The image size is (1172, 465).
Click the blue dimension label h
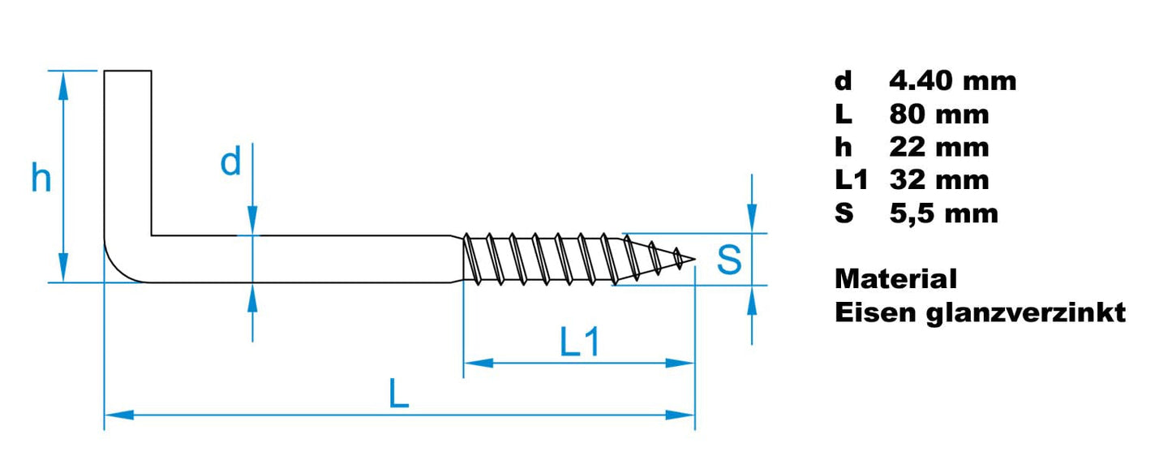tap(41, 178)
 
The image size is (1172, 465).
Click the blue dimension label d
tap(231, 163)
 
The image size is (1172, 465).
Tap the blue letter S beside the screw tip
tap(729, 260)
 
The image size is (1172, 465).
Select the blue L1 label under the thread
tap(580, 344)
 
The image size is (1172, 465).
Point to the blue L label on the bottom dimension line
tap(397, 395)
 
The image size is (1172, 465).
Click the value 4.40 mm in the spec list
tap(952, 81)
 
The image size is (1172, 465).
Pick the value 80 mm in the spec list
tap(938, 114)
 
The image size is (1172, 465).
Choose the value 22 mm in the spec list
tap(938, 148)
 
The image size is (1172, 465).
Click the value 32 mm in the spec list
tap(938, 180)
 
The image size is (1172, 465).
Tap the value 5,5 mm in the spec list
tap(943, 213)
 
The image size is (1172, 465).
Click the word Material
tap(895, 279)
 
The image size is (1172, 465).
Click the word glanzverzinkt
tap(1026, 313)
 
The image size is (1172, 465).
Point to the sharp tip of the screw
tap(693, 260)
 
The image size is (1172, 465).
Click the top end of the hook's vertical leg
tap(127, 73)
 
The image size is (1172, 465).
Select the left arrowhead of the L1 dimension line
tap(475, 363)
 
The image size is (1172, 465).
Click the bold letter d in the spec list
tap(844, 81)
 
